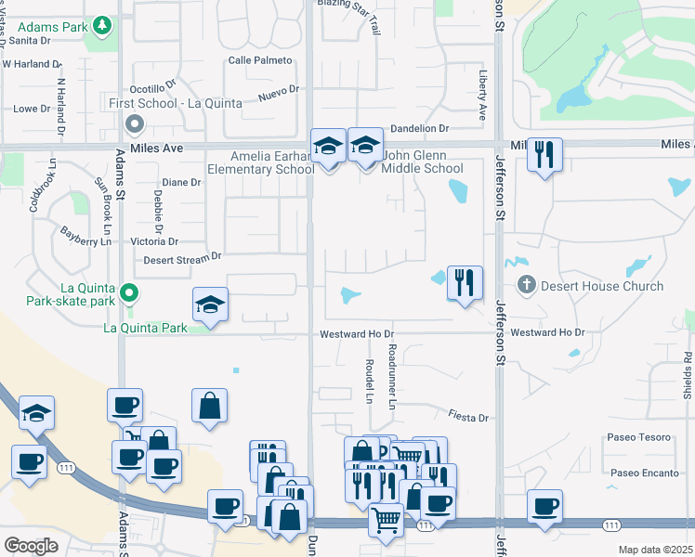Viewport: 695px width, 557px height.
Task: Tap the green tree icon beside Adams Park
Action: (x=101, y=25)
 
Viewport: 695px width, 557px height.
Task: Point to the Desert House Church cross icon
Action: (x=525, y=285)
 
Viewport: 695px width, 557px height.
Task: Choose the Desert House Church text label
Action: (x=602, y=286)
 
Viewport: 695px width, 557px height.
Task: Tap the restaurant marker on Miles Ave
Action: (x=544, y=153)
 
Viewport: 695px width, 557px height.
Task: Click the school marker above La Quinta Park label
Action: (x=210, y=305)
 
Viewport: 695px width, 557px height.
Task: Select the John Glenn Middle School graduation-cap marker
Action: (x=366, y=146)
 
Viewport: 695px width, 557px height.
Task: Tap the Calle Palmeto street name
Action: (x=259, y=60)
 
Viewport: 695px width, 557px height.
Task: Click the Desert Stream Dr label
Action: (x=182, y=257)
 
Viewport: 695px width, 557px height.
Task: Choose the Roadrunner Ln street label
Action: (x=392, y=376)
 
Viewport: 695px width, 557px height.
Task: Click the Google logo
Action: (x=31, y=546)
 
